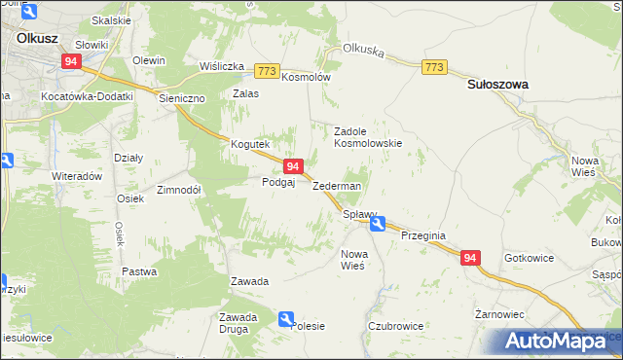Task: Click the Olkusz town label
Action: pyautogui.click(x=37, y=39)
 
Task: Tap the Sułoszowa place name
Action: pyautogui.click(x=497, y=85)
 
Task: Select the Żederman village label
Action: pyautogui.click(x=337, y=186)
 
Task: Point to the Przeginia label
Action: pyautogui.click(x=422, y=234)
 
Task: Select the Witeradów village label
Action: pyautogui.click(x=77, y=176)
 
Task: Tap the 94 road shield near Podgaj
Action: pyautogui.click(x=293, y=167)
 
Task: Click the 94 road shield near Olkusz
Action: pyautogui.click(x=71, y=60)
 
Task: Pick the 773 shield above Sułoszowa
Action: pyautogui.click(x=434, y=66)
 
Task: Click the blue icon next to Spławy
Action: pyautogui.click(x=377, y=223)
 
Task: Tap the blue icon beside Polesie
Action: pyautogui.click(x=285, y=318)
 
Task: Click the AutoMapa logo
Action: pyautogui.click(x=562, y=341)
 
